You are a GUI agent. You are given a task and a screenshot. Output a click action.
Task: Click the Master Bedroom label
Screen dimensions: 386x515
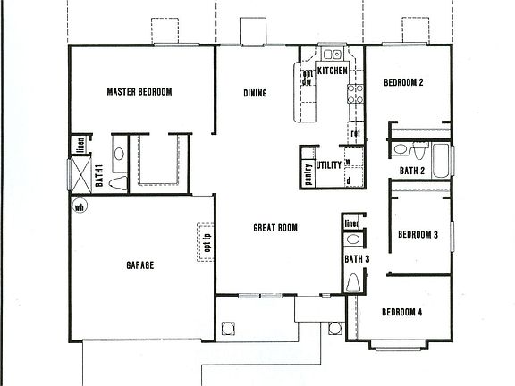(139, 92)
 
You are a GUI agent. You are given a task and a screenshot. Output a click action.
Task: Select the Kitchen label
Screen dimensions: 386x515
(332, 70)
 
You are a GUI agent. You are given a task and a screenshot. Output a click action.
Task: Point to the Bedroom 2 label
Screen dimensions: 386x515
(403, 83)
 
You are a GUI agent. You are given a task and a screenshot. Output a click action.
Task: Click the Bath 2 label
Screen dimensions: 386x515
(411, 170)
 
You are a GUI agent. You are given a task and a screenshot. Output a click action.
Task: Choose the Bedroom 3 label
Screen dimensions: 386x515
(417, 235)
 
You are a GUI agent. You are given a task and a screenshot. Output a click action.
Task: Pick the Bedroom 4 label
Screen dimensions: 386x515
(401, 312)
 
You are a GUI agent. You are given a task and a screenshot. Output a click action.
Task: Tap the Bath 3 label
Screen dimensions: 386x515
(357, 259)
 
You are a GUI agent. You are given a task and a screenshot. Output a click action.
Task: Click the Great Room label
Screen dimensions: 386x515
(274, 228)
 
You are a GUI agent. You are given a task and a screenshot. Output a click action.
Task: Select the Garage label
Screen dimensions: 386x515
(139, 265)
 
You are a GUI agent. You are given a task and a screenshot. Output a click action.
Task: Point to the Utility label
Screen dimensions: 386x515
(329, 165)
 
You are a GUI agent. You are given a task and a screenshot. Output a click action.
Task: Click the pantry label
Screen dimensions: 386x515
(308, 172)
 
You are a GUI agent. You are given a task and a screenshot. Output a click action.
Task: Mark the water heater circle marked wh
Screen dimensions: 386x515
(79, 208)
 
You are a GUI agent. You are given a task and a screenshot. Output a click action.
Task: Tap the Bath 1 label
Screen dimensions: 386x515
(100, 175)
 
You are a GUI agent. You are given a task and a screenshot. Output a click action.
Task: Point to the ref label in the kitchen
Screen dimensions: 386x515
(355, 134)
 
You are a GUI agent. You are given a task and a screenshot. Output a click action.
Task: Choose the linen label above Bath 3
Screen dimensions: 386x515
(351, 223)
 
